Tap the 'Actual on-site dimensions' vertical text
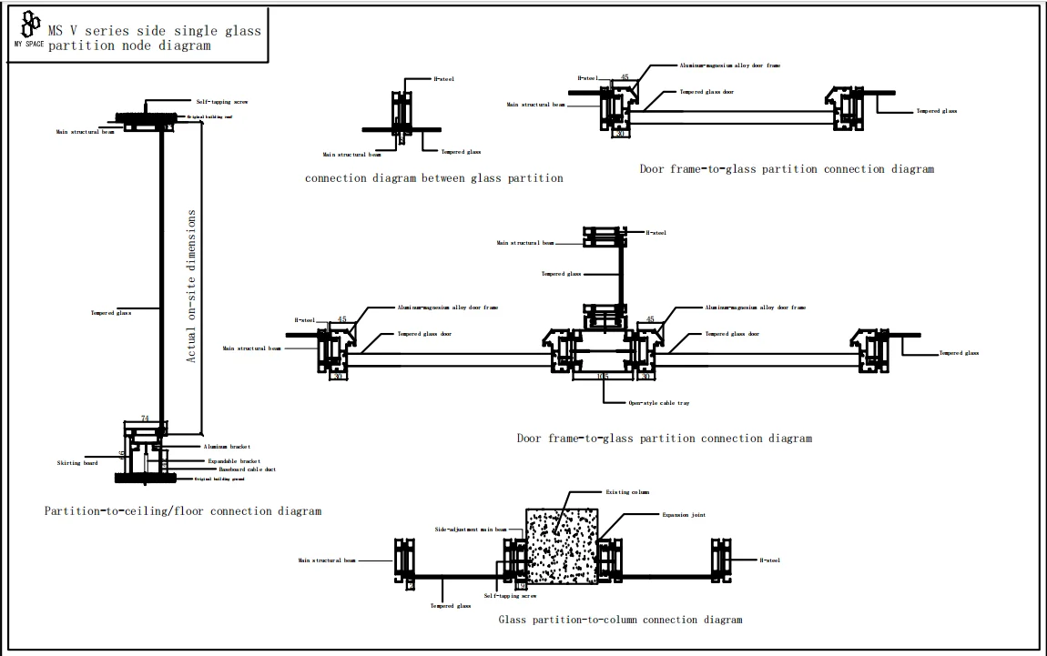[191, 287]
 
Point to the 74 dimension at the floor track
[144, 419]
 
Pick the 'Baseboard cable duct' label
[241, 469]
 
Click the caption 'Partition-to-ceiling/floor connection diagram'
[183, 511]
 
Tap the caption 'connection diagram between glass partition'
[433, 178]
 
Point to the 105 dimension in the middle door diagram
[602, 375]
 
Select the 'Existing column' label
[627, 492]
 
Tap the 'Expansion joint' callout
[684, 515]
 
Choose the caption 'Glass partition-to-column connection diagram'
[620, 620]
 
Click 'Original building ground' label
[219, 478]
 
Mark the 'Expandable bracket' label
[234, 461]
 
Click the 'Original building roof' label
[216, 117]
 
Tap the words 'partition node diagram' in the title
[129, 45]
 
